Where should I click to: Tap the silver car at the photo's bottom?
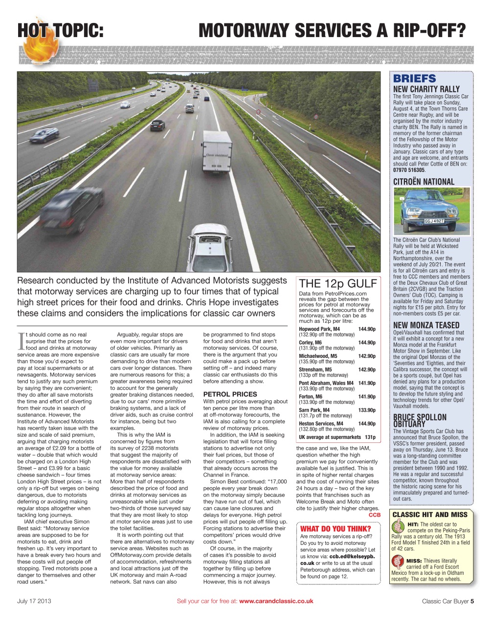[x=210, y=249]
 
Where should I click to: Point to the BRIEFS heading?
[x=414, y=79]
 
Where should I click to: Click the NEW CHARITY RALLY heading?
[x=426, y=89]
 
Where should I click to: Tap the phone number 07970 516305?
[x=409, y=170]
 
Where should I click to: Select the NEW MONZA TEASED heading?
[x=426, y=325]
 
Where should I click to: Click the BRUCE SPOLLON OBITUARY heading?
[x=420, y=420]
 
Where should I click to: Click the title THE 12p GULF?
[x=338, y=284]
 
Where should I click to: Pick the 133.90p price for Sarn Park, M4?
[x=367, y=410]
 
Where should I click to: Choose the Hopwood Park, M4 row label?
[x=319, y=329]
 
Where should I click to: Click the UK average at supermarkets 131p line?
[x=337, y=437]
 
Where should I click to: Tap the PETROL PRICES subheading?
[x=230, y=394]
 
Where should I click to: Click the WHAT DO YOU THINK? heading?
[x=335, y=529]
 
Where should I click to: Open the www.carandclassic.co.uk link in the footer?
[x=276, y=601]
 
